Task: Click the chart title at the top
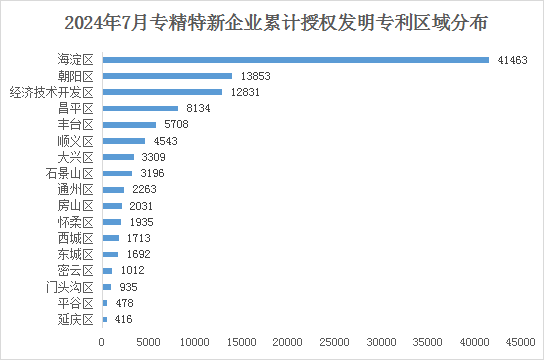click(272, 22)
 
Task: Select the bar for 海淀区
click(296, 60)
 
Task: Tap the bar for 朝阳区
click(167, 76)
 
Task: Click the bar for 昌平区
click(140, 108)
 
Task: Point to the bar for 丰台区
click(129, 124)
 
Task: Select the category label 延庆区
click(75, 319)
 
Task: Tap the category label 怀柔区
click(75, 222)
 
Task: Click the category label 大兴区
click(75, 157)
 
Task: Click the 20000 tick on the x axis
click(288, 343)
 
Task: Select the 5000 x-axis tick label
click(148, 343)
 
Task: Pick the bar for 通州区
click(113, 189)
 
